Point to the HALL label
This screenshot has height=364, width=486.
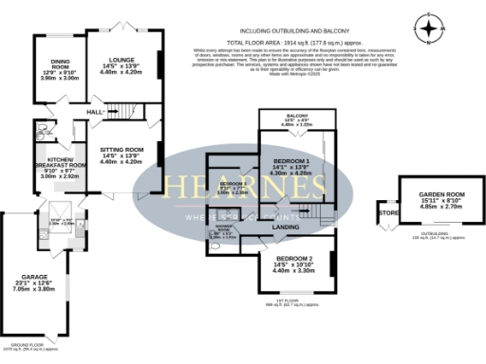tap(94, 113)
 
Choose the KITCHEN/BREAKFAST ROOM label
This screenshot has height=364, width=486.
tap(60, 162)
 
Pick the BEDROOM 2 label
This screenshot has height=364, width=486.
tap(293, 258)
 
